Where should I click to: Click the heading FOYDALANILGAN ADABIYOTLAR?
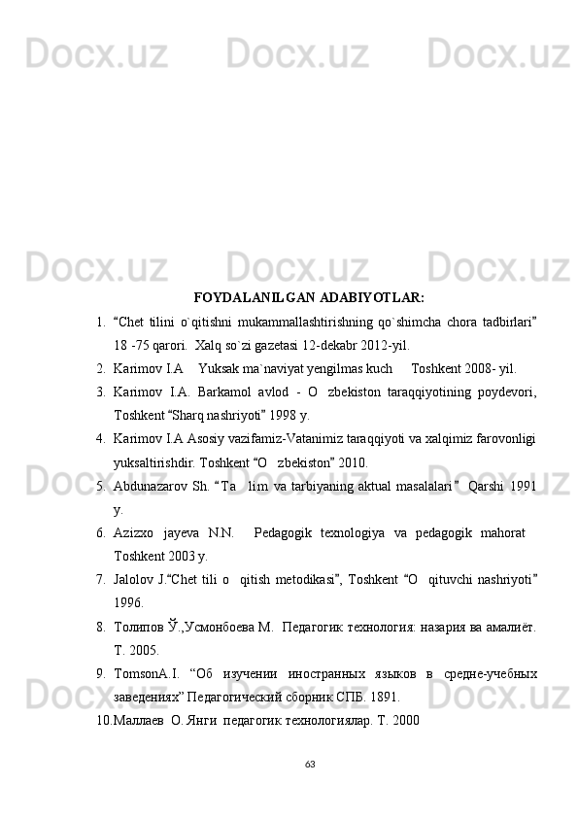308,296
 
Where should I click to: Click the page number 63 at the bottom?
310,763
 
